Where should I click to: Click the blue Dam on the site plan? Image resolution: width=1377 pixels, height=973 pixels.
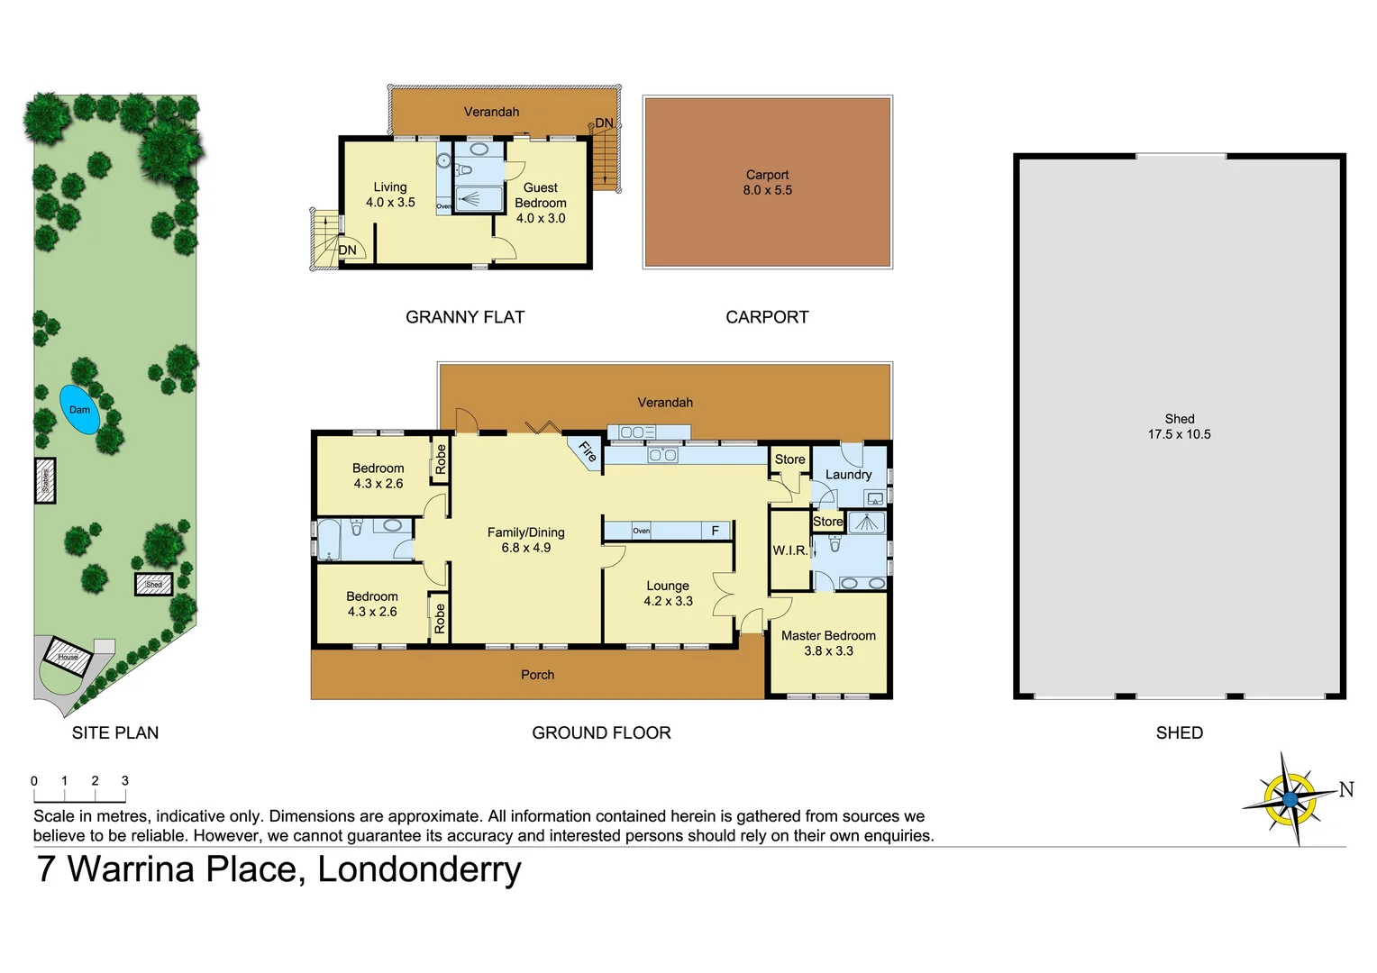[79, 410]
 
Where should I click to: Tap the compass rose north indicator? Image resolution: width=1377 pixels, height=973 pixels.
[1290, 798]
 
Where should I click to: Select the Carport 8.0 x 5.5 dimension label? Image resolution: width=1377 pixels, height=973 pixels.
[767, 183]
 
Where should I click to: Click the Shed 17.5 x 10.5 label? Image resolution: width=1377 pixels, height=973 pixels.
[1179, 426]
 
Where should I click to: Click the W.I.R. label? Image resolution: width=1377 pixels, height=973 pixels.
[789, 550]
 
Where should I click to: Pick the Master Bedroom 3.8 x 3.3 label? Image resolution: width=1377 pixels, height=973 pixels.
[828, 643]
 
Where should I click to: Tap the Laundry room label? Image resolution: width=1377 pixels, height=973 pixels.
[848, 475]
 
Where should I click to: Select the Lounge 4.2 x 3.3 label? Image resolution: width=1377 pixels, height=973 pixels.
[668, 594]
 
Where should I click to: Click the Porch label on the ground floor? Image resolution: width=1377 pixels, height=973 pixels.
[537, 675]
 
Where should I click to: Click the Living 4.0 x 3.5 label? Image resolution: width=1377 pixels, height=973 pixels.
[390, 195]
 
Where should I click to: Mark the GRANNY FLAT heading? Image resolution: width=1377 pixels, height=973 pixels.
[465, 317]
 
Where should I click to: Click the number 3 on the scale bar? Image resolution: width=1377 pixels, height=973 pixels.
[125, 781]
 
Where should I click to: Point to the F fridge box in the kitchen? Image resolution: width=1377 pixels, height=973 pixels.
[716, 531]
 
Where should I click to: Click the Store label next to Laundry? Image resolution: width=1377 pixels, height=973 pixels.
[789, 459]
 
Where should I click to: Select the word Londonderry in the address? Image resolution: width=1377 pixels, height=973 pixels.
[419, 869]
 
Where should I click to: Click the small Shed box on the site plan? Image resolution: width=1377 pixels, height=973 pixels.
[153, 585]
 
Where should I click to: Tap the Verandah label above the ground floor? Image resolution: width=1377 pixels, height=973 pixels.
[665, 403]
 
